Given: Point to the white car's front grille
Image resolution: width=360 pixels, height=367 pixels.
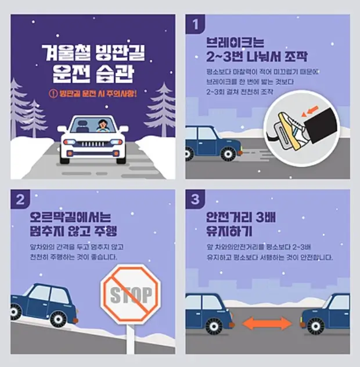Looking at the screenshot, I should pyautogui.click(x=93, y=143).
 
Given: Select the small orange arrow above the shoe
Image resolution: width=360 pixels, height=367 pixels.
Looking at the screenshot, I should pyautogui.click(x=313, y=108).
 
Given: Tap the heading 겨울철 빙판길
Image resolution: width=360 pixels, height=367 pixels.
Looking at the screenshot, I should pyautogui.click(x=93, y=54).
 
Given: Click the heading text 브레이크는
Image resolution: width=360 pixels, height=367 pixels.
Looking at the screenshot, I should pyautogui.click(x=235, y=42).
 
